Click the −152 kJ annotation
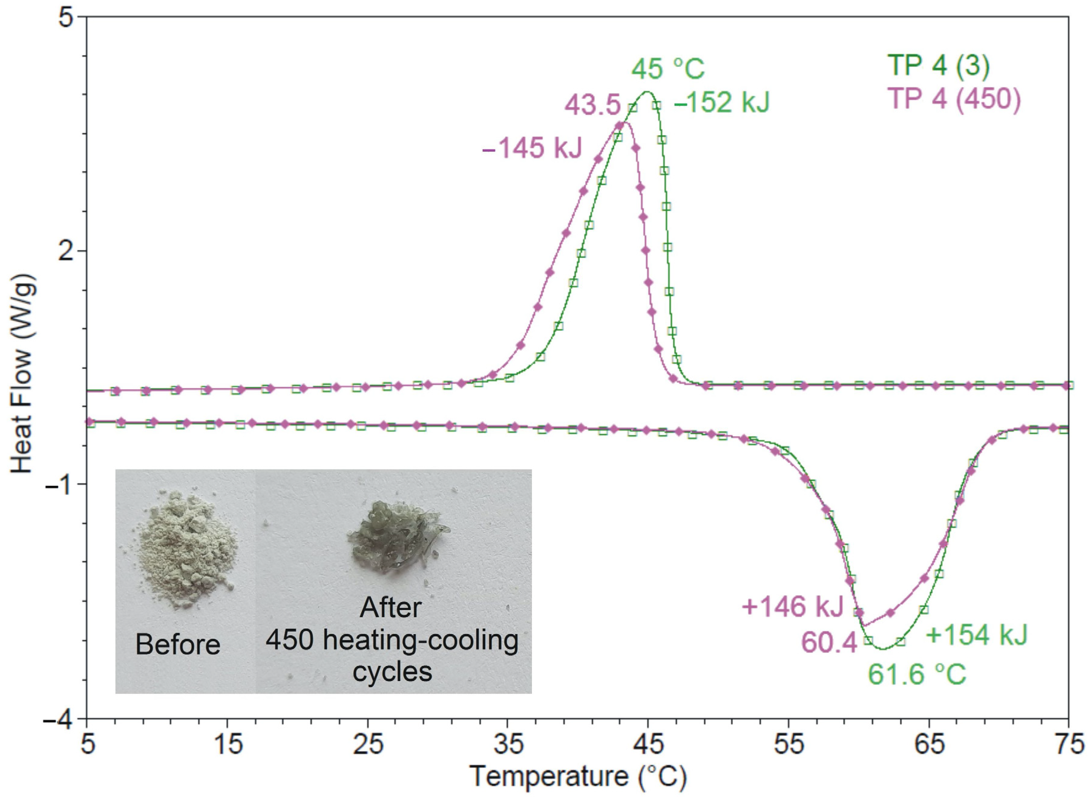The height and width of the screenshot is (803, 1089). click(722, 103)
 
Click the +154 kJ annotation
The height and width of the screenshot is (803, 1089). click(977, 634)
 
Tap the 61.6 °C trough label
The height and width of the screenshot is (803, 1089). click(917, 674)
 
